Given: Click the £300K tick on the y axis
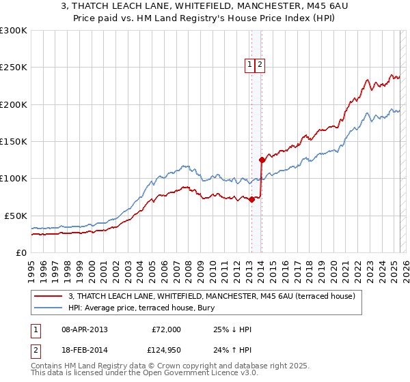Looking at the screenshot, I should pos(14,31).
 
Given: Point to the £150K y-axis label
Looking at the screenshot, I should pos(14,141).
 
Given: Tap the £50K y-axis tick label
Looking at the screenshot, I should pos(16,216).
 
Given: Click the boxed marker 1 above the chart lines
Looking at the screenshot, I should pos(250,65).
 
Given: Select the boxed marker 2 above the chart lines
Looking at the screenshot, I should pos(260,65).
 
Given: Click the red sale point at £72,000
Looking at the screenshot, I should pos(251,199).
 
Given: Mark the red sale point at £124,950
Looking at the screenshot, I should pos(262,160).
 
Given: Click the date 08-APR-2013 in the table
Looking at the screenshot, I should pos(85,329).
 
